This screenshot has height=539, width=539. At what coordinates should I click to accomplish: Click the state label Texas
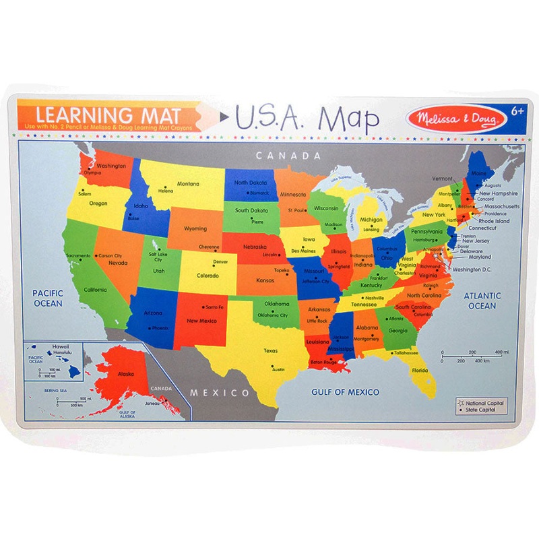(270, 350)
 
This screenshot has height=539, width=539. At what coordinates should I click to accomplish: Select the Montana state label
(188, 184)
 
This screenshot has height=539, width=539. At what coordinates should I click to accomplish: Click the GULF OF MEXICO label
(345, 391)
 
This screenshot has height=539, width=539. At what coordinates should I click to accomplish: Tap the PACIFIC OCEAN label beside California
(49, 298)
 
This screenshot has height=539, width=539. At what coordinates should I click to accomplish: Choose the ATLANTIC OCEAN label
(482, 300)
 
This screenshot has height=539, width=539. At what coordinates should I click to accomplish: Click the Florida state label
(420, 371)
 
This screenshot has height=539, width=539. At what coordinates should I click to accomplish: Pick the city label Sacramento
(79, 256)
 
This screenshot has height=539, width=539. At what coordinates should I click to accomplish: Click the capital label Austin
(278, 370)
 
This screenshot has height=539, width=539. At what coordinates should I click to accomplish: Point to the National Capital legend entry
(484, 403)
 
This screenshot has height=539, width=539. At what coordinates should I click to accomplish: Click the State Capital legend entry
(482, 410)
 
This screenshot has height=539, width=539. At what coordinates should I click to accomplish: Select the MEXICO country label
(218, 392)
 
